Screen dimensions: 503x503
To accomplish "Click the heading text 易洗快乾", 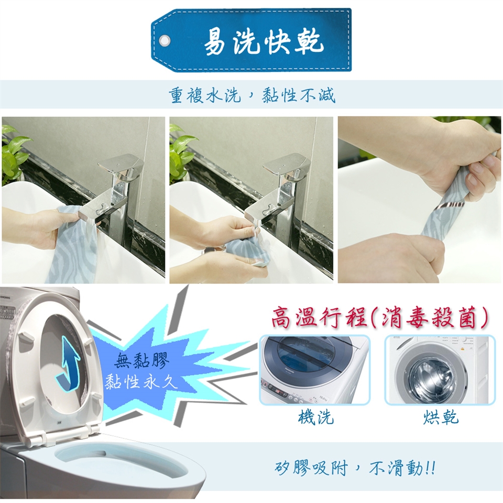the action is coord(263,42).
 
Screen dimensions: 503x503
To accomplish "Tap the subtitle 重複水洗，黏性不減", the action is coord(252,95).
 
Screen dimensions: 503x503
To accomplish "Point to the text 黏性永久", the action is coord(141,382).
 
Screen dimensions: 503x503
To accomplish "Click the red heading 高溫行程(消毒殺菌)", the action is coord(380,318).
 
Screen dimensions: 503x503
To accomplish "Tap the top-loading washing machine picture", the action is coord(315,369).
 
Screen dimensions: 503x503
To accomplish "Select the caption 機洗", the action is coord(315,417).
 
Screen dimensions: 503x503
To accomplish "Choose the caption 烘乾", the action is coord(441,417).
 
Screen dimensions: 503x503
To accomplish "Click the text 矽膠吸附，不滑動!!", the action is coord(355,468).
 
